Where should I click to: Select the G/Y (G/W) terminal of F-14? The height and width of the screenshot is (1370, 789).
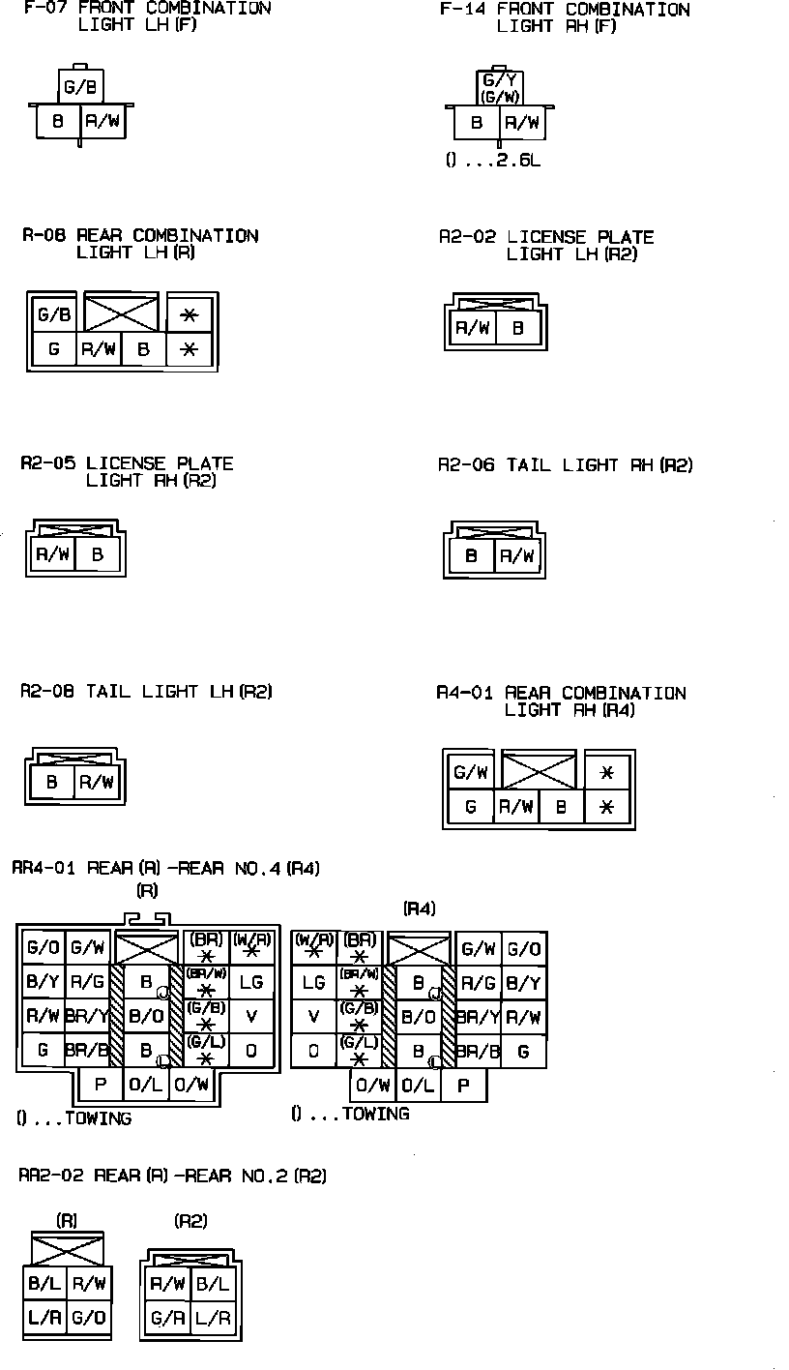point(500,87)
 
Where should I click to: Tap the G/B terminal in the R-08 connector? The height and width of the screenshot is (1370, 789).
point(54,314)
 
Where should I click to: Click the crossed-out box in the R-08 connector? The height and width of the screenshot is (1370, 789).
point(121,313)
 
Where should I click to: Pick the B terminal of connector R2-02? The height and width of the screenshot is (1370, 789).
point(518,328)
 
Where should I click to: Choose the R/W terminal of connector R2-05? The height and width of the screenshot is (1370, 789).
point(50,555)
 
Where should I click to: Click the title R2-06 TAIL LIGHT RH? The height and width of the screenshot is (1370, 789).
point(566,465)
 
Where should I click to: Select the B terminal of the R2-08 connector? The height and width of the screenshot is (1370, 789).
point(52,782)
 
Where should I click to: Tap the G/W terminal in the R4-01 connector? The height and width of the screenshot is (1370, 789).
point(470,772)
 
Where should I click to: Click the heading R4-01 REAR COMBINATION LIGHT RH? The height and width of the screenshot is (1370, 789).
point(561,701)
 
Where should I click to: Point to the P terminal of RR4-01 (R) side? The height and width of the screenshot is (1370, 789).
point(101,1085)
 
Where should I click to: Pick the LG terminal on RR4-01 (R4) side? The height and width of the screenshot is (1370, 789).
point(314,983)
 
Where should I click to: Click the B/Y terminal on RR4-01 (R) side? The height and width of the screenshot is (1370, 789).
point(42,983)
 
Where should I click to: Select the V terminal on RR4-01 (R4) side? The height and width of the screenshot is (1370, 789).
point(314,1017)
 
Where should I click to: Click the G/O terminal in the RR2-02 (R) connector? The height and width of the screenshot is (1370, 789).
point(89,1317)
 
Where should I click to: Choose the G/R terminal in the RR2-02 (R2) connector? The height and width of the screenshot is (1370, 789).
point(167,1318)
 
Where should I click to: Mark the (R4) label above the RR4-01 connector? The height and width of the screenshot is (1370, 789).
point(419,908)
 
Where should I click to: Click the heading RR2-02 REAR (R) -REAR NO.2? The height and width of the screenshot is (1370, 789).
point(173,1176)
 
